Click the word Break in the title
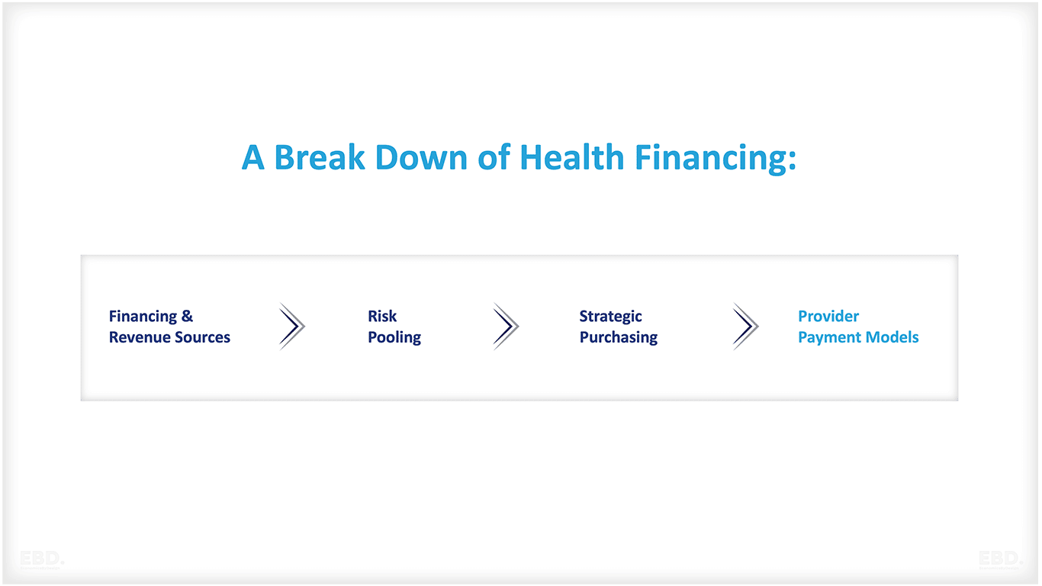[x=320, y=158]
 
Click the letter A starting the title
[x=253, y=158]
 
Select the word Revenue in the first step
[x=138, y=337]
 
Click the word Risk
[x=382, y=317]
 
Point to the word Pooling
[x=394, y=337]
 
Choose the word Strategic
[x=610, y=317]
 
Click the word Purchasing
[x=618, y=337]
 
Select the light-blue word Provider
[x=828, y=317]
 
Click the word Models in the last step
[x=893, y=337]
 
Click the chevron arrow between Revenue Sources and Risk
[x=291, y=327]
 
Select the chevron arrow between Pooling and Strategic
[x=506, y=327]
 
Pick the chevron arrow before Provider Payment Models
[x=745, y=327]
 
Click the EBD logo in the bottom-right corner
[x=1000, y=559]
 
